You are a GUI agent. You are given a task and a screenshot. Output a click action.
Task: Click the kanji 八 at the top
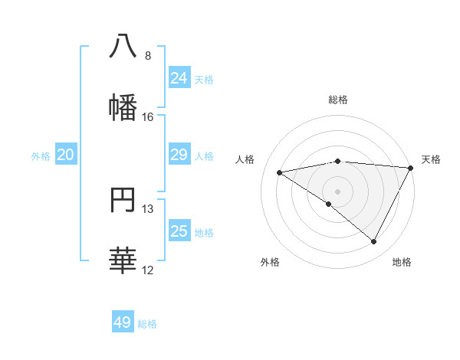tap(123, 45)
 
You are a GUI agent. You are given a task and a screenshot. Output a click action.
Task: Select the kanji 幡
tap(123, 106)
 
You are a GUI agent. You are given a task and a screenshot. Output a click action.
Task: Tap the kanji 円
tap(123, 199)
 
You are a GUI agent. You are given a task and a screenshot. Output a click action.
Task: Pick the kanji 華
tap(123, 260)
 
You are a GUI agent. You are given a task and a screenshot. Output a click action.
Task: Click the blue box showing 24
tap(179, 77)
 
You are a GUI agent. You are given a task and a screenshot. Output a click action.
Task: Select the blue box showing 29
tap(179, 155)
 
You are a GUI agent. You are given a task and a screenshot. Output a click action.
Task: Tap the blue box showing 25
tap(179, 231)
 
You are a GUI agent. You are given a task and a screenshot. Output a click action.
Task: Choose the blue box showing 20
tap(66, 155)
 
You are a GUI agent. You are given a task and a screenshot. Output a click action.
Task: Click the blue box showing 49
tap(123, 322)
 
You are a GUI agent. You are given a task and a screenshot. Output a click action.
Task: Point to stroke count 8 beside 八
tap(148, 56)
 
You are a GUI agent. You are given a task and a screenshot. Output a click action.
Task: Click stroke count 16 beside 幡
tap(148, 117)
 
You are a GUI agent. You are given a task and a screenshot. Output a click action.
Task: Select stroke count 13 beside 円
tap(148, 209)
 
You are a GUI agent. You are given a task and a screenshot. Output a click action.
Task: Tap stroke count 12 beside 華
tap(148, 270)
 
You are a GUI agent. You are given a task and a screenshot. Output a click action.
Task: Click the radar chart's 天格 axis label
tap(431, 159)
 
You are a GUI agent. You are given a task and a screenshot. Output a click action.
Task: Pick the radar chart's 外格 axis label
tap(270, 262)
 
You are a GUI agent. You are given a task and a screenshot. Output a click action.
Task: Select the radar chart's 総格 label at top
tap(338, 100)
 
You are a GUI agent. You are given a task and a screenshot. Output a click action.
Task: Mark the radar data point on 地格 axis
tap(374, 242)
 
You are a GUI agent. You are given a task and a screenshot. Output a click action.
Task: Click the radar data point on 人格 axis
tap(280, 172)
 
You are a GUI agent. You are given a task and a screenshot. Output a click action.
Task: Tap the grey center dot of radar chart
tap(337, 191)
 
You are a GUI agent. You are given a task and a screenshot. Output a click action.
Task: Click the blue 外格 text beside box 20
tap(41, 155)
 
